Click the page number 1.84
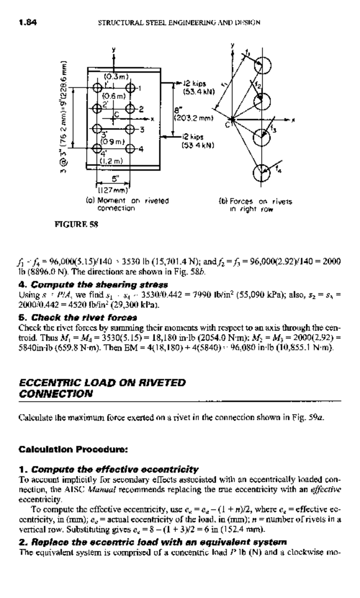click(28, 23)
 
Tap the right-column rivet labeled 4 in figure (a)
click(130, 148)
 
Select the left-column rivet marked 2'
click(97, 108)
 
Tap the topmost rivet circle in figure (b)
click(263, 65)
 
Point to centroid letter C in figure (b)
click(228, 124)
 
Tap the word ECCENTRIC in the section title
click(50, 383)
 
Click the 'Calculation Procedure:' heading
click(73, 449)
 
